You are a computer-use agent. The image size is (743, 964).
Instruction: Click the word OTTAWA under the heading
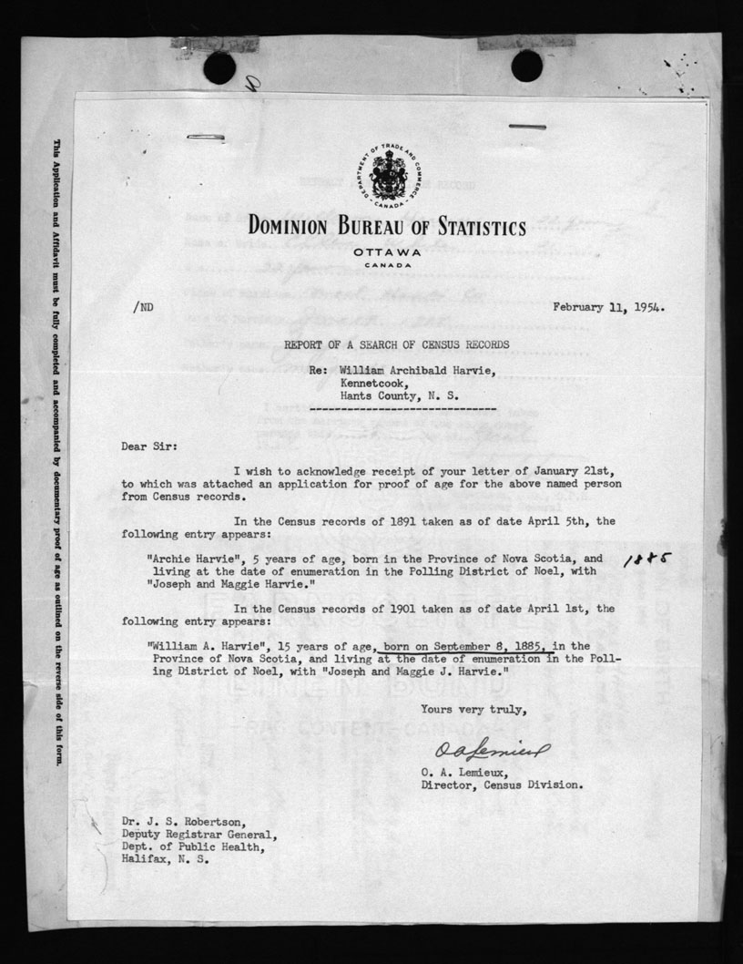point(388,251)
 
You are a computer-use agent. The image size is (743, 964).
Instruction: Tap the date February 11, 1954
point(608,307)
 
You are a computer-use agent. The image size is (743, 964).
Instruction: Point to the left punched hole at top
point(219,67)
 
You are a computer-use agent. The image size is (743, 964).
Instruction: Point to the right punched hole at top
point(526,65)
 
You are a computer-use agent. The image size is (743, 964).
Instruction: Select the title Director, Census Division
point(502,784)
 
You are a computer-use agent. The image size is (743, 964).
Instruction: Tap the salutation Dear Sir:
point(144,446)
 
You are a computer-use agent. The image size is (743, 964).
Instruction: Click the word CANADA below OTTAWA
point(388,265)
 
